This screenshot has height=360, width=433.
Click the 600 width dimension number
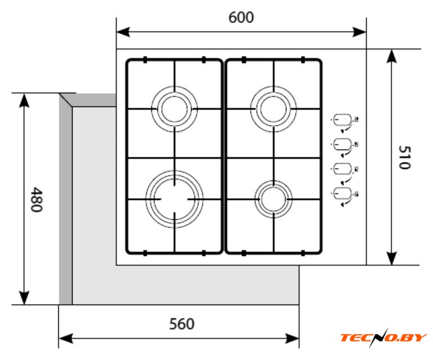241,17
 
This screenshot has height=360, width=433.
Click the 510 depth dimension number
405,157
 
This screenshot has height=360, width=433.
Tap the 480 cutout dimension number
37,199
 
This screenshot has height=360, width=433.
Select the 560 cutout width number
182,324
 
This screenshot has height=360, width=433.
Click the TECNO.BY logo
383,337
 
